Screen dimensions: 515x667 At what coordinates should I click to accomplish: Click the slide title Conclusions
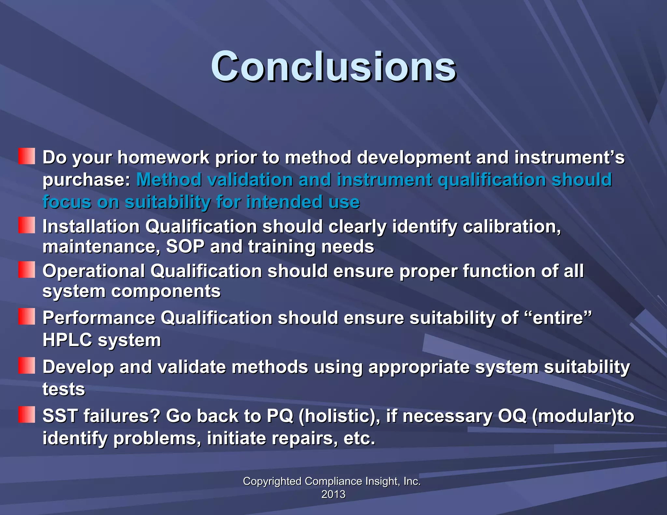pos(333,67)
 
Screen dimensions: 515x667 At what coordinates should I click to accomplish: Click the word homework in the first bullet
pos(163,158)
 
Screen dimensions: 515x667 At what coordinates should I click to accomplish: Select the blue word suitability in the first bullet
pos(168,202)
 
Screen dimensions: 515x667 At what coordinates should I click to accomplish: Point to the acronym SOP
pos(185,246)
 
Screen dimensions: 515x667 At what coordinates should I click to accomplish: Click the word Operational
pos(93,271)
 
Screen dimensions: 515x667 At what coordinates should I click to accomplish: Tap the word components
pos(166,291)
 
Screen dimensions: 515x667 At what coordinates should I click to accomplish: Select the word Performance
pos(99,318)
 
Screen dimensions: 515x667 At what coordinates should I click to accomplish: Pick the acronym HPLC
pos(67,340)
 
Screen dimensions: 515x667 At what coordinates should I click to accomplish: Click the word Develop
pos(78,367)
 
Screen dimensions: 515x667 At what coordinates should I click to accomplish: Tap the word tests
pos(64,389)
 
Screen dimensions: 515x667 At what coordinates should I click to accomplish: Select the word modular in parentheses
pos(573,416)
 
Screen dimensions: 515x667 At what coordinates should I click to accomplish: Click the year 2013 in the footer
pos(333,494)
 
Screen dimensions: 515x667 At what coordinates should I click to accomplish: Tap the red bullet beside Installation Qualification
pos(26,225)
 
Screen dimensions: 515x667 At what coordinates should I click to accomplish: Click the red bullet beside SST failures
pos(26,414)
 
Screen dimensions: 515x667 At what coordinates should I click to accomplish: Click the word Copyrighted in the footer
pos(272,481)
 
